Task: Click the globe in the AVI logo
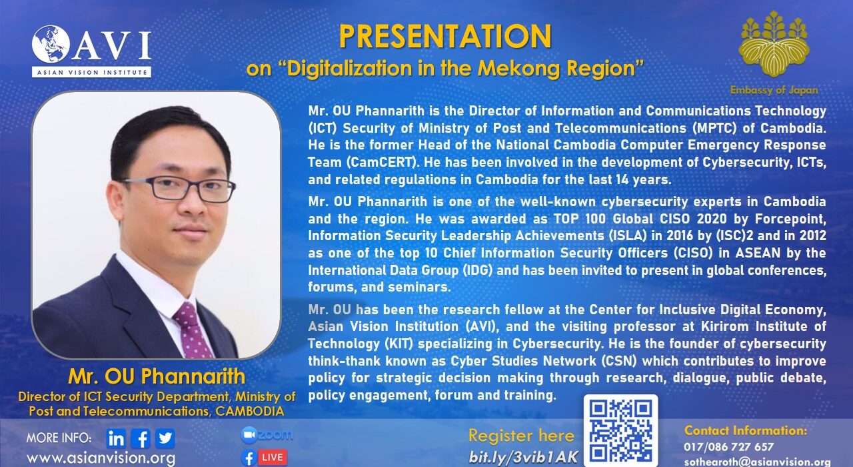pyautogui.click(x=51, y=44)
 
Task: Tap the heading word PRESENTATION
pyautogui.click(x=444, y=36)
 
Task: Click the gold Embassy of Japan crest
pyautogui.click(x=774, y=44)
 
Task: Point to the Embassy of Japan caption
pyautogui.click(x=774, y=90)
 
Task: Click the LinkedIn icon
pyautogui.click(x=116, y=438)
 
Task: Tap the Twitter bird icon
pyautogui.click(x=165, y=438)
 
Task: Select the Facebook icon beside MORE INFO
pyautogui.click(x=141, y=438)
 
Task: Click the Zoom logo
pyautogui.click(x=267, y=435)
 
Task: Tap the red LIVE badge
pyautogui.click(x=273, y=458)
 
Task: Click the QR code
pyautogui.click(x=620, y=431)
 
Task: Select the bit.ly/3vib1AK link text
pyautogui.click(x=523, y=457)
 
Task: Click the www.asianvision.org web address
pyautogui.click(x=101, y=458)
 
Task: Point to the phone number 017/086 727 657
pyautogui.click(x=728, y=446)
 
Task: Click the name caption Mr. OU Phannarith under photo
pyautogui.click(x=157, y=377)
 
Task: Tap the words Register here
pyautogui.click(x=521, y=436)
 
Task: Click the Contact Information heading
pyautogui.click(x=746, y=430)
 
